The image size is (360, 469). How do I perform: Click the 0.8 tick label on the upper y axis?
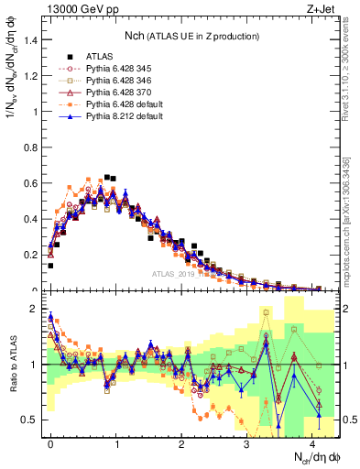click(31, 147)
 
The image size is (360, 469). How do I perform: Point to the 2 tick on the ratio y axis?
click(36, 309)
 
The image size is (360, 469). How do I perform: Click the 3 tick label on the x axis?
click(245, 442)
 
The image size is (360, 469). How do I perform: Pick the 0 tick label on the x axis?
click(50, 442)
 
